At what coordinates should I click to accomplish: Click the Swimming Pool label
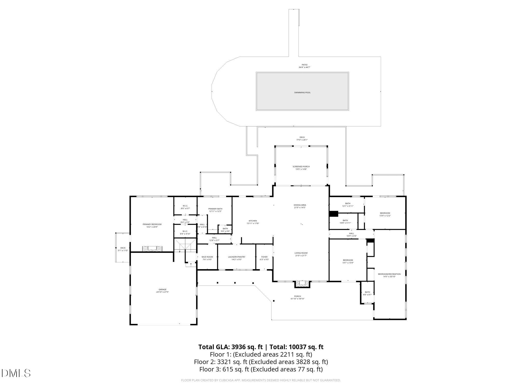pos(302,93)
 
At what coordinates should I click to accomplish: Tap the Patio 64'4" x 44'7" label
pos(304,66)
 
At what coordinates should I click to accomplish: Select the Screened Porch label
pos(301,168)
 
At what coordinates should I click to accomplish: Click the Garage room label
pos(163,291)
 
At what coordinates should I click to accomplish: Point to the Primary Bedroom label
pos(152,226)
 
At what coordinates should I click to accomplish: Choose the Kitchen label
pos(253,222)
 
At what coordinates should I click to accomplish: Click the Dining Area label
pos(300,206)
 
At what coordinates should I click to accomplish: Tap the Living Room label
pos(301,254)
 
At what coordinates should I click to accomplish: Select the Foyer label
pos(264,258)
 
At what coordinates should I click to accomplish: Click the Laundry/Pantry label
pos(236,258)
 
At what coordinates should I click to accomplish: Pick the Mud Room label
pos(207,258)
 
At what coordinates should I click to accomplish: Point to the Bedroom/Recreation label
pos(389,275)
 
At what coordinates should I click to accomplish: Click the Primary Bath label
pos(215,210)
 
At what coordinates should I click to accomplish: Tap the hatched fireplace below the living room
pos(302,283)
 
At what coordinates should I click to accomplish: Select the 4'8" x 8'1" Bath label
pos(367,293)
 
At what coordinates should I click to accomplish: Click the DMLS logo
pos(16,373)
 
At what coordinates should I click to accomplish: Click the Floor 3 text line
pos(261,369)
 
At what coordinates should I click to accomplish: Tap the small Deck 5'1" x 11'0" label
pos(123,249)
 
